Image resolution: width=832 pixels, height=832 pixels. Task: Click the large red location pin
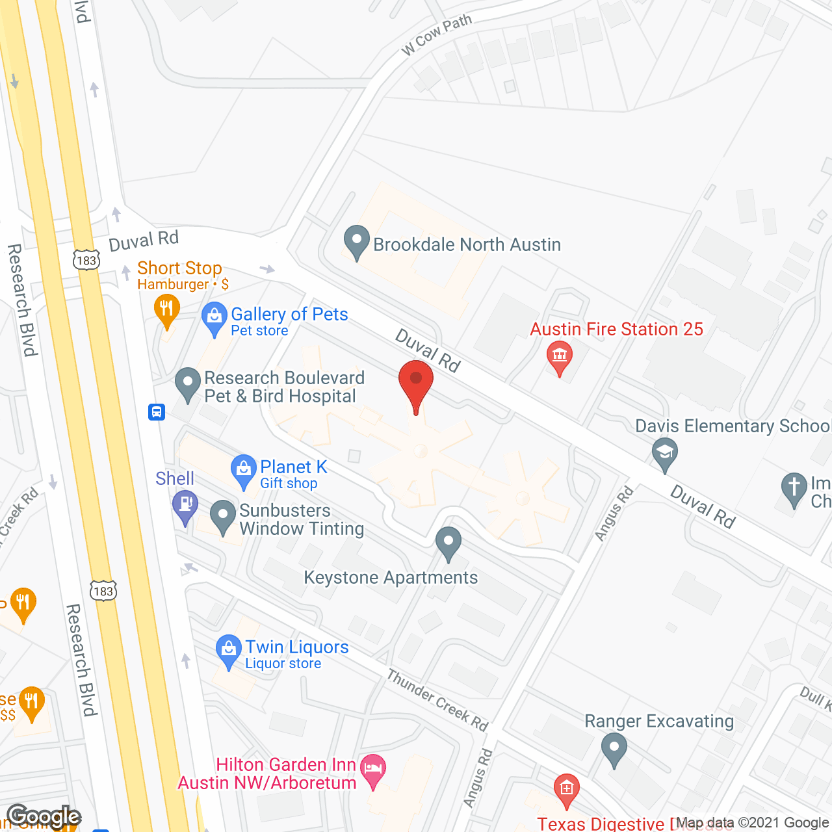415,381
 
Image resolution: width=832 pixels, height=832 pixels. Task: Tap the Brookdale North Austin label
467,244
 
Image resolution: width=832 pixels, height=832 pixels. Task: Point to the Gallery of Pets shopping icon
214,318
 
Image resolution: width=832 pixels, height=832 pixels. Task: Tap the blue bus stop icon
157,411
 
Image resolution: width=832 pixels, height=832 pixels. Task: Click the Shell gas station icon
185,505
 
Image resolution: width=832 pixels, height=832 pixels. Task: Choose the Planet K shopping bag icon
244,470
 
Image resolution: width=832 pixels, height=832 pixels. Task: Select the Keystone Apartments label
391,577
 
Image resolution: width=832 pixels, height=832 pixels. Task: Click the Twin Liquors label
296,647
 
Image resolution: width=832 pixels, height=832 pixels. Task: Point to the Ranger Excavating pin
614,748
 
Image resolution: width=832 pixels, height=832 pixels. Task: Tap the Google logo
44,816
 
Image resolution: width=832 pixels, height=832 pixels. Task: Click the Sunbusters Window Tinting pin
223,516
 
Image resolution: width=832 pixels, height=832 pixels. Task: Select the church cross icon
794,488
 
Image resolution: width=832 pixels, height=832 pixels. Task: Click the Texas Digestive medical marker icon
566,789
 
